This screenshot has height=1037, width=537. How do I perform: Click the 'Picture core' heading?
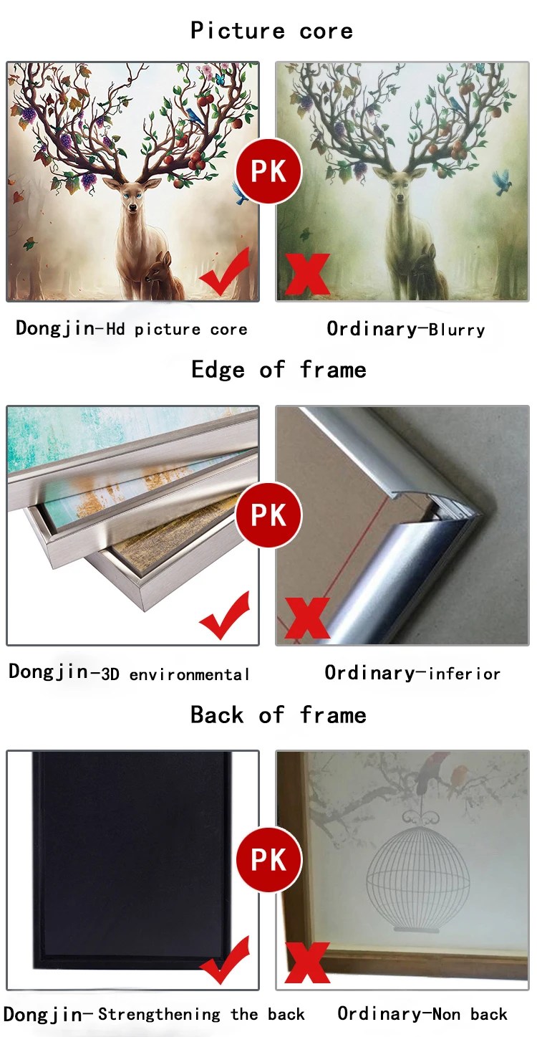click(x=272, y=31)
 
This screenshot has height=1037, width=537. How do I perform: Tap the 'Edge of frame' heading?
click(x=279, y=370)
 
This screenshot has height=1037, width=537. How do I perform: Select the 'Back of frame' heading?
click(x=279, y=715)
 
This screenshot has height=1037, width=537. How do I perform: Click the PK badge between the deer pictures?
click(x=268, y=171)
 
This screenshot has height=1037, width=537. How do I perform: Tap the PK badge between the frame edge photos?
click(x=268, y=515)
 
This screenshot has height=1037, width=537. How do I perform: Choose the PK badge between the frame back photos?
click(x=268, y=859)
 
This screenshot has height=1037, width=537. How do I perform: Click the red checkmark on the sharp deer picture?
click(x=226, y=272)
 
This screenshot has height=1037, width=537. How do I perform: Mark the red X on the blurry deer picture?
click(x=307, y=274)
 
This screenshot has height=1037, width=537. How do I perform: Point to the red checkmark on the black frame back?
click(x=226, y=960)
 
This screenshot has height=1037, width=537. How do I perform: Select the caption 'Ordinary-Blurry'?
click(x=406, y=329)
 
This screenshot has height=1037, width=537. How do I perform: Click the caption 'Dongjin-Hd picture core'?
click(x=131, y=329)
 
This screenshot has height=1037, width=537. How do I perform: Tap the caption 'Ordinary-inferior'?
click(x=412, y=673)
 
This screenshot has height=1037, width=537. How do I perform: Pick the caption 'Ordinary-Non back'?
click(x=422, y=1014)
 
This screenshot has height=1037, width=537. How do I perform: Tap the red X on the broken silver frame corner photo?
click(x=307, y=618)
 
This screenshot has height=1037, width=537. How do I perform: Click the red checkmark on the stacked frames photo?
click(x=226, y=616)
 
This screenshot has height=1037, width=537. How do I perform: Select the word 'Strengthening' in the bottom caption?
click(x=159, y=1015)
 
